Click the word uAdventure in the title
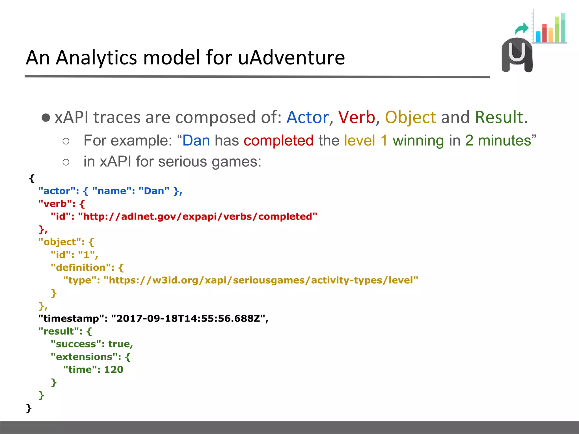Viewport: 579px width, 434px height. (x=291, y=58)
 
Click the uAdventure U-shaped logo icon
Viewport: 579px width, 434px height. (x=517, y=55)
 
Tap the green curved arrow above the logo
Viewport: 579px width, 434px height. (x=522, y=29)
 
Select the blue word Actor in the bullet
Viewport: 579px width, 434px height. (x=307, y=117)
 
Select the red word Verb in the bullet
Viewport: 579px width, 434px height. (x=357, y=117)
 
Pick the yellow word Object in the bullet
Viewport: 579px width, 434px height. (x=411, y=117)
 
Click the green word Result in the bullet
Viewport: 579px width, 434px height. (x=499, y=117)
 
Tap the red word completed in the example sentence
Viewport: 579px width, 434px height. (x=278, y=140)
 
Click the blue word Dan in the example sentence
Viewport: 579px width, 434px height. (x=196, y=140)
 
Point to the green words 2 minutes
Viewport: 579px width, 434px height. (x=498, y=140)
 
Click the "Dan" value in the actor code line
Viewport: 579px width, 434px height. (x=154, y=191)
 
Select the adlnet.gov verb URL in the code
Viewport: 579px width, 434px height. (x=198, y=217)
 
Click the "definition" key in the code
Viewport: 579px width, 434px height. (x=82, y=268)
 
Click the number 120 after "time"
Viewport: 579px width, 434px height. (x=114, y=370)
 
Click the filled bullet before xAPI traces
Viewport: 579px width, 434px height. (x=46, y=118)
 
